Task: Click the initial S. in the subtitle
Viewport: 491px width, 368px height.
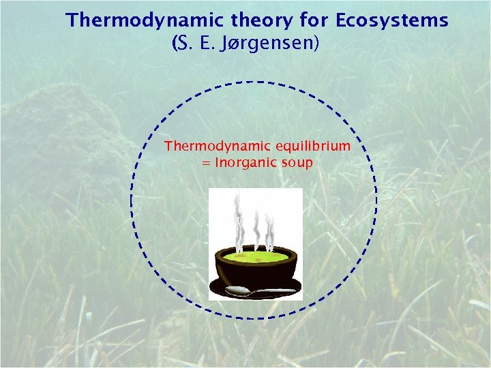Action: point(183,45)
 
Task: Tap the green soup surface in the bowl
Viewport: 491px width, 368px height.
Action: point(256,258)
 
